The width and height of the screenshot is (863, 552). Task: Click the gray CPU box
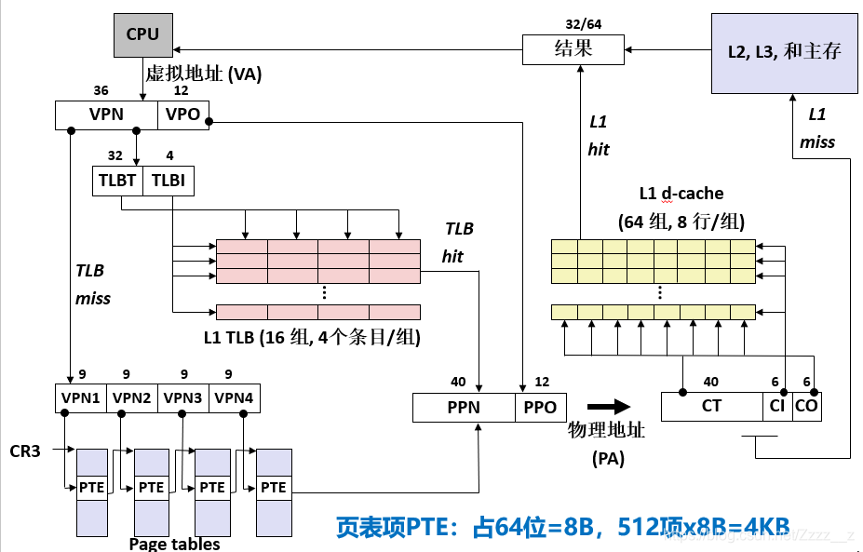pyautogui.click(x=142, y=34)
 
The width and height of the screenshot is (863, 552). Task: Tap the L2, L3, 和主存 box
pyautogui.click(x=784, y=52)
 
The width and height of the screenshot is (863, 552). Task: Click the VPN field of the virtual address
pyautogui.click(x=107, y=115)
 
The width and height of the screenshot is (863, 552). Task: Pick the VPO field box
pyautogui.click(x=183, y=115)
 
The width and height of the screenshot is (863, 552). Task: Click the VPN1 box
pyautogui.click(x=81, y=398)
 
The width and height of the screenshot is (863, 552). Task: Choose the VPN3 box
pyautogui.click(x=183, y=398)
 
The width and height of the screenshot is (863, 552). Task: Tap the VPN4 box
pyautogui.click(x=235, y=398)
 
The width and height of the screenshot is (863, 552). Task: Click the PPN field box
pyautogui.click(x=464, y=407)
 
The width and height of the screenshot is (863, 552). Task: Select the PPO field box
pyautogui.click(x=540, y=407)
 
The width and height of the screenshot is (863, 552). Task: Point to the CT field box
pyautogui.click(x=711, y=406)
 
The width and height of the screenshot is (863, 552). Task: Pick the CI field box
pyautogui.click(x=777, y=406)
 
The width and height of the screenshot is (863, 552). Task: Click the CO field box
pyautogui.click(x=806, y=406)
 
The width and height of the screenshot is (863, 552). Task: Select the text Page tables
pyautogui.click(x=174, y=544)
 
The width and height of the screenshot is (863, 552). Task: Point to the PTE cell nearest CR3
pyautogui.click(x=91, y=487)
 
